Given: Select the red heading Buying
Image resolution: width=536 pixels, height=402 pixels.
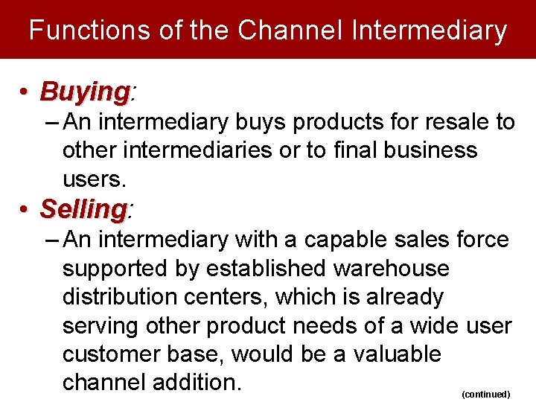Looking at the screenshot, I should point(84,92).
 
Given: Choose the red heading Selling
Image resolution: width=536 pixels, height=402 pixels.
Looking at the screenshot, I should point(83,209).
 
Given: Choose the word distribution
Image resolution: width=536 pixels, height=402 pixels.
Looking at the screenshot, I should point(117,296).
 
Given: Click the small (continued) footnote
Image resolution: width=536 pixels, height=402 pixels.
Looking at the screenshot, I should point(485,393).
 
